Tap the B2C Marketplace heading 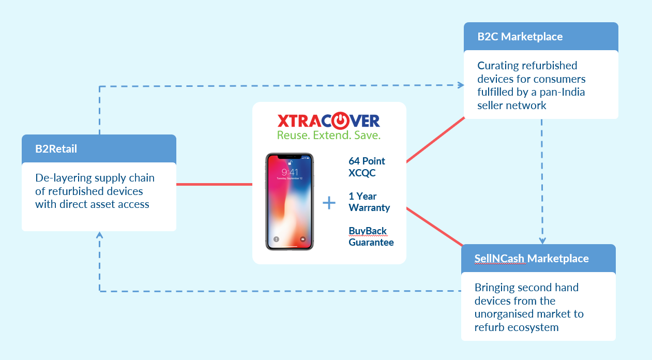(x=520, y=37)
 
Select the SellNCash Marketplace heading (x=532, y=258)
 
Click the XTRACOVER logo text (x=329, y=121)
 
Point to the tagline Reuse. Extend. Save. (x=329, y=136)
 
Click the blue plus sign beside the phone (x=329, y=203)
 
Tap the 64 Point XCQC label (x=367, y=167)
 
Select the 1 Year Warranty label (x=369, y=202)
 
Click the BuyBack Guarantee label (x=371, y=236)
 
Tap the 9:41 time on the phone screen (x=290, y=171)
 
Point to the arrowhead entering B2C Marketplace (x=460, y=85)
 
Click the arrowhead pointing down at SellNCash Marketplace (x=542, y=241)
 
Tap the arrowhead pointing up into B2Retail (x=99, y=235)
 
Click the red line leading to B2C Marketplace (x=435, y=140)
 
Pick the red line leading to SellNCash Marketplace (x=434, y=227)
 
